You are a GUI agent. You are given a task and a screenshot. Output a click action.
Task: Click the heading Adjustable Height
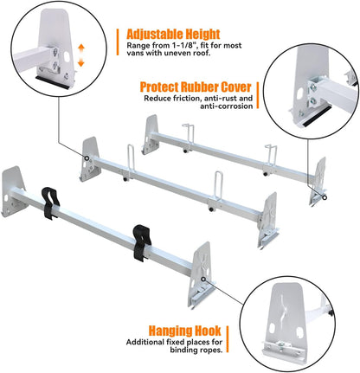(173, 34)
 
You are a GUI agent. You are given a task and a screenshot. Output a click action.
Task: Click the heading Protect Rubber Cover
(196, 87)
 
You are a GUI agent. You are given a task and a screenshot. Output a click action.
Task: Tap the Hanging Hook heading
(185, 331)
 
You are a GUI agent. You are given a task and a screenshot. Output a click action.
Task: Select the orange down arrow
(81, 62)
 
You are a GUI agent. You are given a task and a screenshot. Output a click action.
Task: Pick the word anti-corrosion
(227, 106)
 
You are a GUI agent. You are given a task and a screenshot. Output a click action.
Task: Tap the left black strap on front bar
(50, 203)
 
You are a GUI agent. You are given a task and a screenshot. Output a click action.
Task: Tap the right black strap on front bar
(142, 242)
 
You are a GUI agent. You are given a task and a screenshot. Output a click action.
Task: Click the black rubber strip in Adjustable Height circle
(53, 82)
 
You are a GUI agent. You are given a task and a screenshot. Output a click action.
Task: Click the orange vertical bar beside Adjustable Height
(118, 42)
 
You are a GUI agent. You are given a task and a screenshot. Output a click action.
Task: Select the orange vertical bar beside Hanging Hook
(228, 339)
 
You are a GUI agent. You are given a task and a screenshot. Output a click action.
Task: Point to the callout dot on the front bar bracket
(203, 279)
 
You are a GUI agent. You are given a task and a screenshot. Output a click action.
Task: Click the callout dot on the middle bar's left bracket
(87, 158)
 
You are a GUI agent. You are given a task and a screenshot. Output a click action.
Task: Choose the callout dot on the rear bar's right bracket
(325, 197)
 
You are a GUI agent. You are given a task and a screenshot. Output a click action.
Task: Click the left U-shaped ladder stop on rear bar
(188, 136)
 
